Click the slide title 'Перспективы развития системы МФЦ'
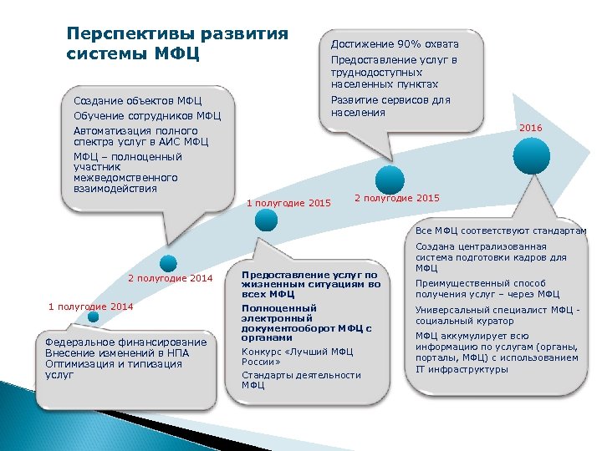pos(176,44)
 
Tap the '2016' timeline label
pos(531,128)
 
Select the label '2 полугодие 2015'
pos(397,198)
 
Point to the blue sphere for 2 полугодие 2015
pos(390,179)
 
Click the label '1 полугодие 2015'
pos(289,203)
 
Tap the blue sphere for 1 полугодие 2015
pos(266,219)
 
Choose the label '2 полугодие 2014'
pos(171,278)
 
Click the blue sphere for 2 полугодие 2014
pos(169,261)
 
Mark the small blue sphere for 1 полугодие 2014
pos(94,317)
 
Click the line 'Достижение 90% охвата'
pos(395,44)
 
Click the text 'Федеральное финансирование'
pos(125,342)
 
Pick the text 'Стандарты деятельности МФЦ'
pos(301,380)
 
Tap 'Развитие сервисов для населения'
pos(390,106)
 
